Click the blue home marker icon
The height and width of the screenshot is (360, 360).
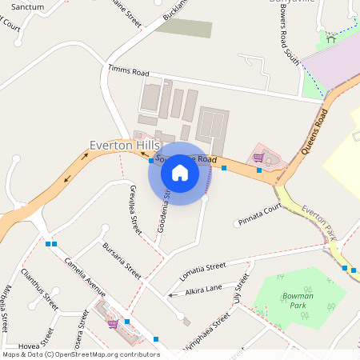coord(180,172)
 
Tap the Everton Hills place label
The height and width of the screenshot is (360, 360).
coord(124,145)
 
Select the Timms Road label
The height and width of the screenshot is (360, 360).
coord(129,70)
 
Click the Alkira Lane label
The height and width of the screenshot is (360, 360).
coord(203,289)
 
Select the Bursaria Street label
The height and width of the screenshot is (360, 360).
coord(122,260)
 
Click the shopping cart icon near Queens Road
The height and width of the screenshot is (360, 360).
coord(258,158)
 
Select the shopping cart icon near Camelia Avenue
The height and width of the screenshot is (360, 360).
coord(113,324)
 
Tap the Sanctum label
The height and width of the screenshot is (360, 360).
coord(28,6)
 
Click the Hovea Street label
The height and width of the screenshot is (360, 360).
coord(31,341)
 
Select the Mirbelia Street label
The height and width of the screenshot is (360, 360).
coord(6,308)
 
